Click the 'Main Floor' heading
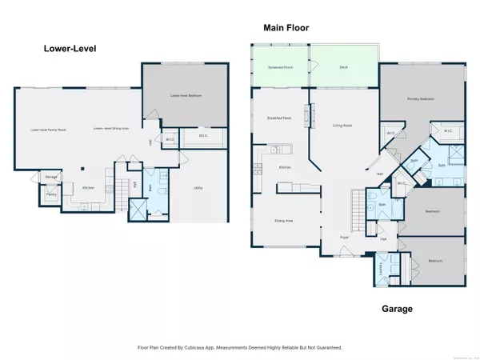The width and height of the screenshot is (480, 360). coord(286,28)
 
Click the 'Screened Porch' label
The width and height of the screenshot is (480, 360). coord(279,67)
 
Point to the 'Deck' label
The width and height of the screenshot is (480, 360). coord(344,67)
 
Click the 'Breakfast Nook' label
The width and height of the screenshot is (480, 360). coord(278,118)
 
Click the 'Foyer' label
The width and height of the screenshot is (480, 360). coord(344,238)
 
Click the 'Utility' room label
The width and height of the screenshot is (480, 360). coord(198,188)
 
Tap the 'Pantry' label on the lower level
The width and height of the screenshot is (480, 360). coord(50,194)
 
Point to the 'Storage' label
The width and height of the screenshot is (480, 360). coord(50,177)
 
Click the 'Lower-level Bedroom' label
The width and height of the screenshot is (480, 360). coord(185,95)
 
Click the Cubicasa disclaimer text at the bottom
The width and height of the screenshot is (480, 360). coord(240,347)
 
